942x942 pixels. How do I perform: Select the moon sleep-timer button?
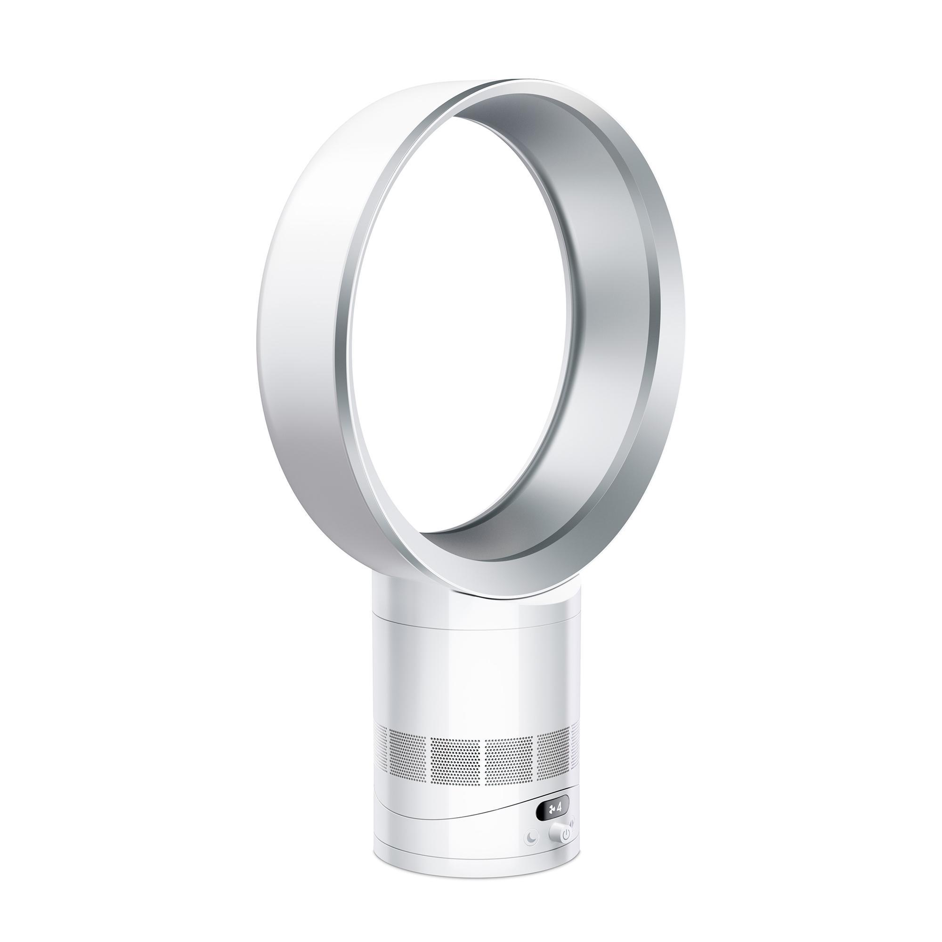coord(531,837)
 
